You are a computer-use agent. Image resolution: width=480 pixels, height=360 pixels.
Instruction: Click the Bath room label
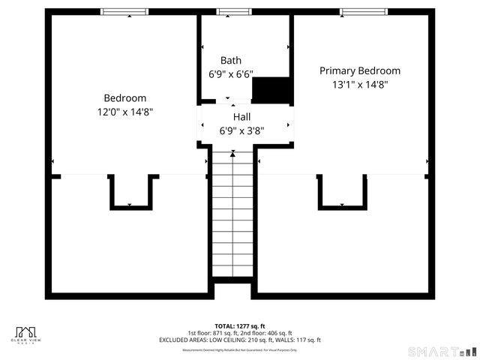pos(231,60)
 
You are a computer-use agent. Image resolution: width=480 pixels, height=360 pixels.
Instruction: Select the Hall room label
pos(241,117)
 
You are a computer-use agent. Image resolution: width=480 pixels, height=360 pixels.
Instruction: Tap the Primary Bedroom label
pos(360,70)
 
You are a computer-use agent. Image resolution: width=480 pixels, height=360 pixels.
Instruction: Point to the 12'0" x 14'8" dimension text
pos(124,111)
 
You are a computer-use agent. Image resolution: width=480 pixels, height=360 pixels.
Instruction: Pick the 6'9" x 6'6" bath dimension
pos(231,74)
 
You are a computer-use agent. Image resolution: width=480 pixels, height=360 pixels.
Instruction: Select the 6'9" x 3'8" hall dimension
pos(241,130)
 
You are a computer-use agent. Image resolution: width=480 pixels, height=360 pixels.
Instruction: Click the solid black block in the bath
pos(271,89)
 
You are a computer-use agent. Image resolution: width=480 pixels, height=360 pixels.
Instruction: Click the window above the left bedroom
pos(124,12)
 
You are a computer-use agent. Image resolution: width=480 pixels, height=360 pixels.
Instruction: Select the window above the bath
pos(230,12)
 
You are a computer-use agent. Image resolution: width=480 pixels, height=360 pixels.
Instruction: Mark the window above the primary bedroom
pos(363,12)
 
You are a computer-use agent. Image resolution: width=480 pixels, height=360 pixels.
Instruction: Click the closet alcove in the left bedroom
pos(133,190)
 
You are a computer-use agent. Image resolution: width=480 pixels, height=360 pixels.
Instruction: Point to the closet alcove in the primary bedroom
pos(343,190)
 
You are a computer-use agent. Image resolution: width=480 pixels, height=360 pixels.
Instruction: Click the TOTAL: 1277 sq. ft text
pos(240,326)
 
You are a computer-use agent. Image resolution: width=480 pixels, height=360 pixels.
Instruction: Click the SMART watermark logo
pos(442,351)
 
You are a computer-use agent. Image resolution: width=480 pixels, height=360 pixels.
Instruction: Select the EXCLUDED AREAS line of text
pos(240,340)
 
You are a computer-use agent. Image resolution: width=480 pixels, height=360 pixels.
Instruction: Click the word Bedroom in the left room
pos(124,97)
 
